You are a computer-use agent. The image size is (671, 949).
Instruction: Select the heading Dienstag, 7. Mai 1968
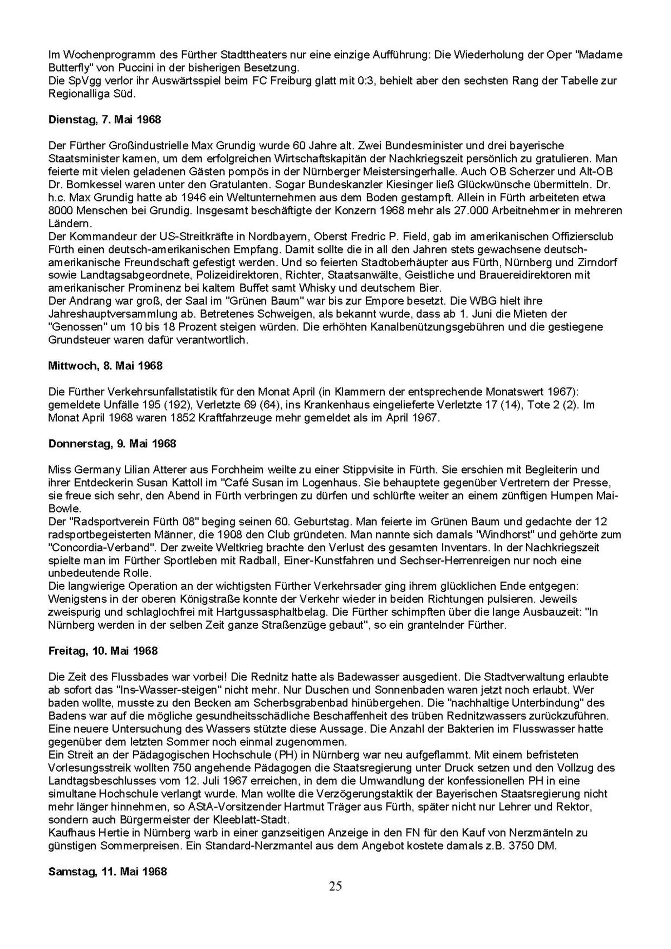click(x=105, y=120)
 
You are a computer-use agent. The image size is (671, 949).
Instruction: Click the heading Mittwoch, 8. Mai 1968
click(x=105, y=366)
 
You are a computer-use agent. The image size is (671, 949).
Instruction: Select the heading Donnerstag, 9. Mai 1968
click(x=112, y=444)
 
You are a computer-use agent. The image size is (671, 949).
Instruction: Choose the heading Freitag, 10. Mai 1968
click(x=103, y=651)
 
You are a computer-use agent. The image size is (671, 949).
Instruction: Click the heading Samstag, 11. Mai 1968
click(x=107, y=871)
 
